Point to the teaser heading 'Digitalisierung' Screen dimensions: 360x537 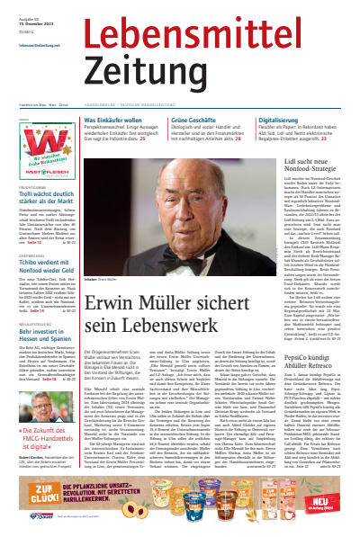tap(281, 120)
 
